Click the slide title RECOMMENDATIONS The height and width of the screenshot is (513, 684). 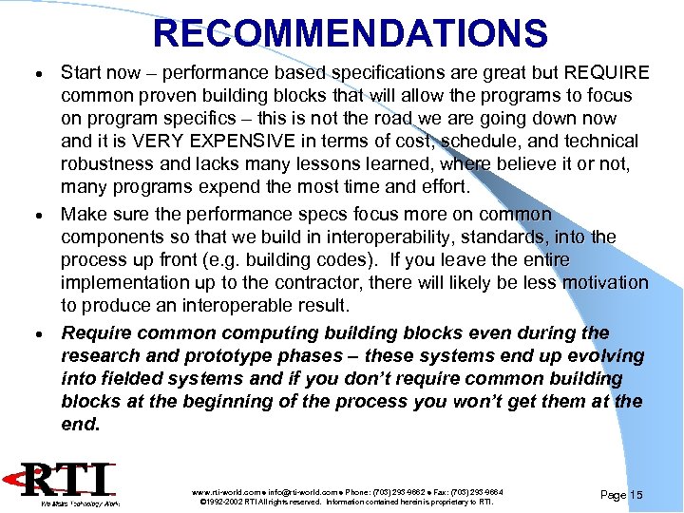351,34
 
